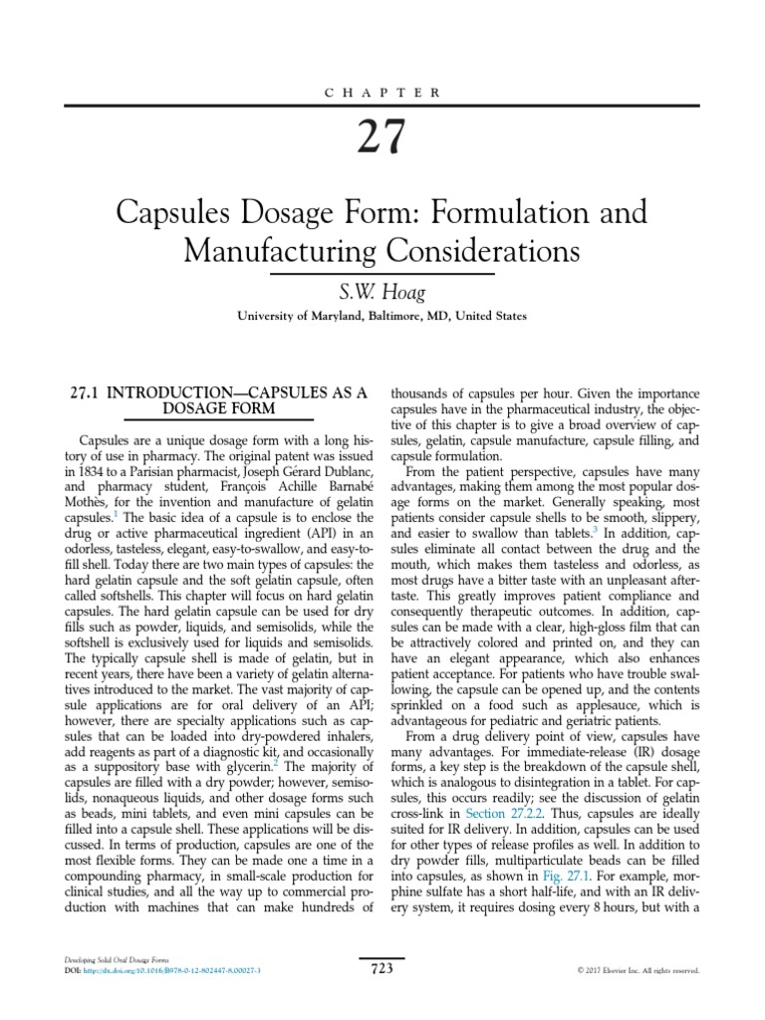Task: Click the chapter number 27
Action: (x=382, y=137)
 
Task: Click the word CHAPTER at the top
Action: (x=382, y=92)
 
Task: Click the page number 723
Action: (x=382, y=968)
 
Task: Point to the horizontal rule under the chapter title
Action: (x=382, y=273)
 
